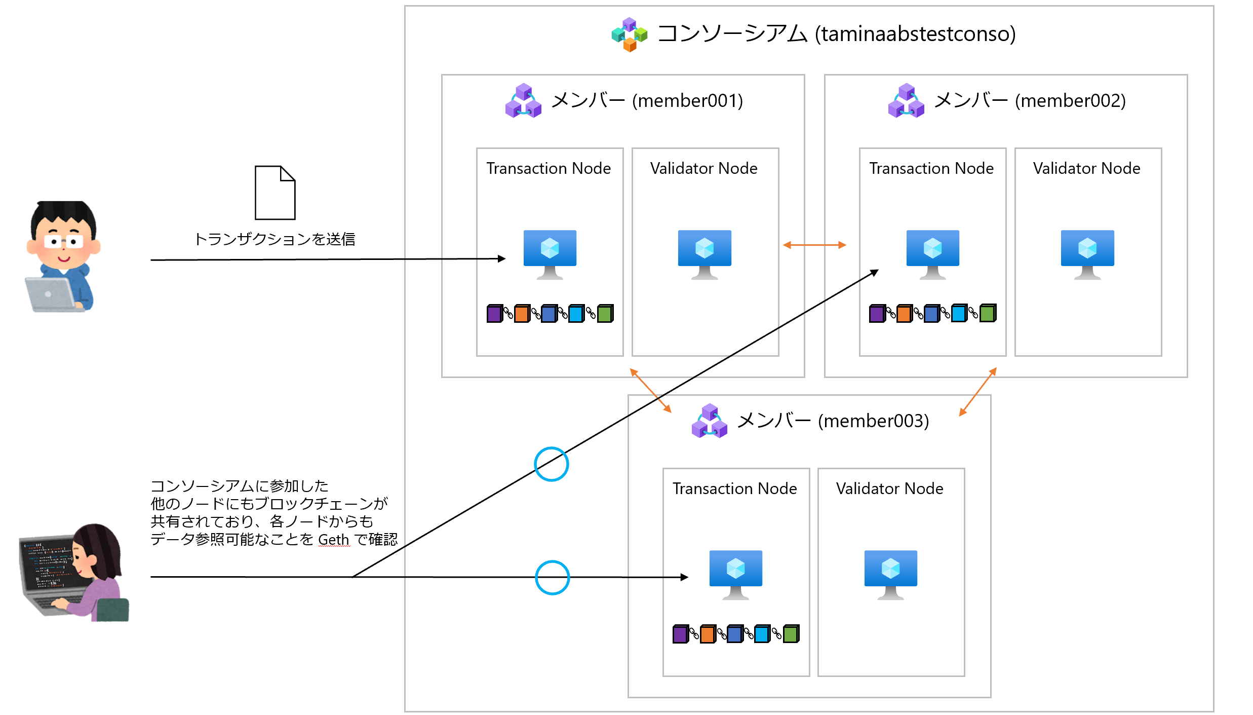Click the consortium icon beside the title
(629, 34)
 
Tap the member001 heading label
(647, 100)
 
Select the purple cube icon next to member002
(906, 101)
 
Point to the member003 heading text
(833, 421)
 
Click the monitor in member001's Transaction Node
(550, 253)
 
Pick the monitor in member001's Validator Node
(704, 253)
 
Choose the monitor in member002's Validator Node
(1087, 253)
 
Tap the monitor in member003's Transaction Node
(736, 574)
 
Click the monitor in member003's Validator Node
(891, 574)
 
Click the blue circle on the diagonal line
(552, 464)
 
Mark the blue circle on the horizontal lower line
(553, 577)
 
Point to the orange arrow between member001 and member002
(814, 245)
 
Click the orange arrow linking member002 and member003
(978, 392)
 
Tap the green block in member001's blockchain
(605, 314)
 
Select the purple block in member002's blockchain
(877, 314)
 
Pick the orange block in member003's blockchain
(708, 634)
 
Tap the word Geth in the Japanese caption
(333, 540)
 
